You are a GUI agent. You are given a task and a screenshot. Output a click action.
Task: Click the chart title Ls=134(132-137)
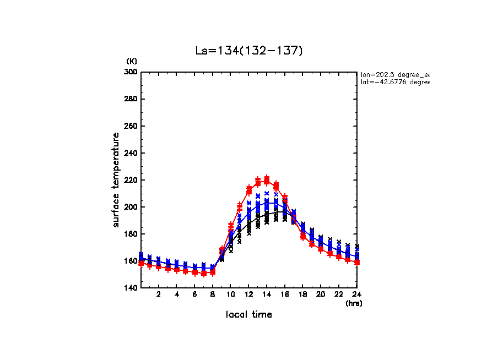(x=249, y=51)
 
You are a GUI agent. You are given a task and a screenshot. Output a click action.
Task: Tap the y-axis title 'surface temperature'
(x=116, y=180)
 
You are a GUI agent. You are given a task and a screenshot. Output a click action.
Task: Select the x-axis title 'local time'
(x=248, y=314)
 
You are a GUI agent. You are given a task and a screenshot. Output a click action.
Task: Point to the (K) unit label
(x=132, y=61)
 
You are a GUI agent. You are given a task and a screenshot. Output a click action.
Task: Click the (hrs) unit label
(x=353, y=303)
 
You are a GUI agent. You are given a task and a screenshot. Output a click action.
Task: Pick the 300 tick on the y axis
(x=131, y=72)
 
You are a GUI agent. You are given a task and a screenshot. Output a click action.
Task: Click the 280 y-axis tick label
(x=131, y=99)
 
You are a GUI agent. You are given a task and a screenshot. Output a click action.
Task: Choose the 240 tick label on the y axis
(x=131, y=153)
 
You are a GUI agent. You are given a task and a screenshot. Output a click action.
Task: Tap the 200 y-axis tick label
(x=131, y=207)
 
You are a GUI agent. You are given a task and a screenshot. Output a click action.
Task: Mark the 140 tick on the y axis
(x=131, y=288)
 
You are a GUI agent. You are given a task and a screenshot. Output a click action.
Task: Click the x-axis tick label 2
(x=159, y=294)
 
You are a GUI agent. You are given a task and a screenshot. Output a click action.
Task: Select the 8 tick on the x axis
(x=213, y=294)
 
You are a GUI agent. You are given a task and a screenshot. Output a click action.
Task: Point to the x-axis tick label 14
(x=267, y=294)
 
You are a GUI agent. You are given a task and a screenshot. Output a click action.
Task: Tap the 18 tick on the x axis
(x=302, y=294)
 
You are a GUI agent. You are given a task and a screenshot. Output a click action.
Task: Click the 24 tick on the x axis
(x=356, y=294)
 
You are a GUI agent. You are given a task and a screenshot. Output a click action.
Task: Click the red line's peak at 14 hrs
(x=267, y=180)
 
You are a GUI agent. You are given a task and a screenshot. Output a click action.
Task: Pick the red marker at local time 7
(x=204, y=273)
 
